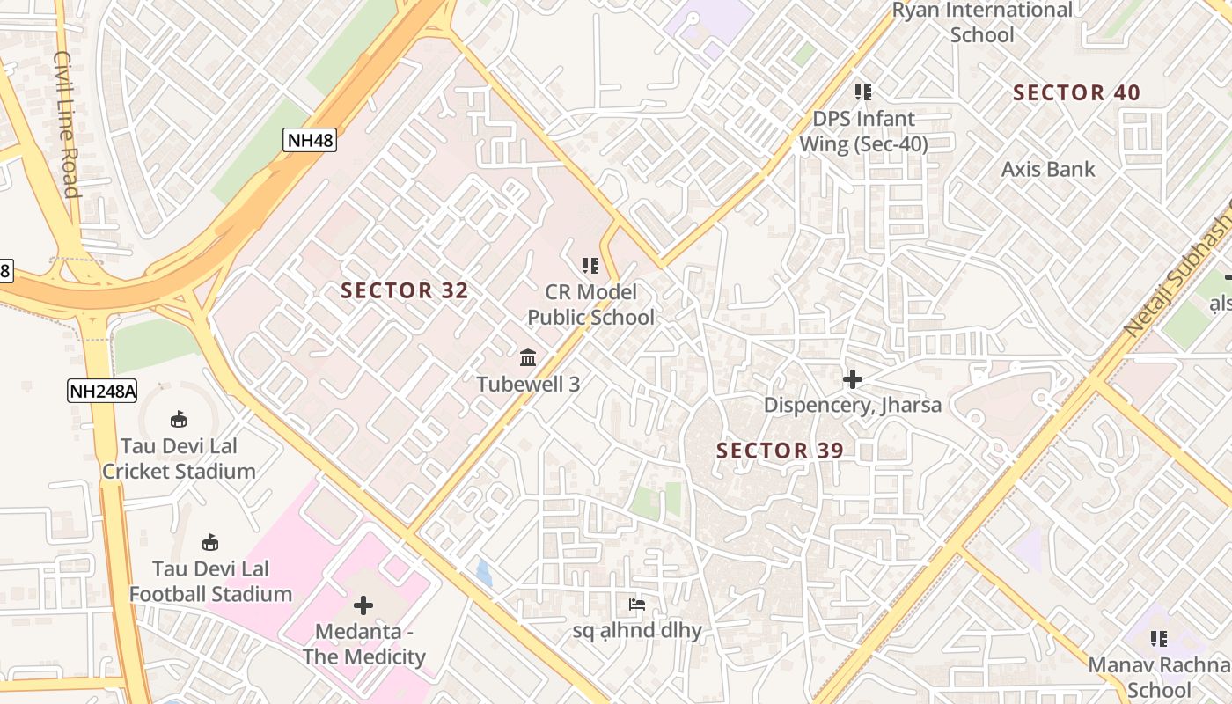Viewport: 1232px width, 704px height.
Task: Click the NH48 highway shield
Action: [x=310, y=140]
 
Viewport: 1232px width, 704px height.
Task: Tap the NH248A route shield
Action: [x=102, y=391]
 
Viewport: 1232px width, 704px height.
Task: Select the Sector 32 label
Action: [x=405, y=290]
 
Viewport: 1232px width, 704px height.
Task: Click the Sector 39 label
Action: [x=780, y=451]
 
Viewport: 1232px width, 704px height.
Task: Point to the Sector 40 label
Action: [x=1076, y=92]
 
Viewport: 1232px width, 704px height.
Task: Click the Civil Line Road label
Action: [x=67, y=123]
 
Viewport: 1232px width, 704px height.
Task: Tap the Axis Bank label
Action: [x=1048, y=169]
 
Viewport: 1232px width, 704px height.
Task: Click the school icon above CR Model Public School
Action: [x=590, y=265]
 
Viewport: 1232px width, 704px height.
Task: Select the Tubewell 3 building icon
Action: [x=528, y=357]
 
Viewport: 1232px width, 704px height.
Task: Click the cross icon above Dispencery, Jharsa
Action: [x=852, y=379]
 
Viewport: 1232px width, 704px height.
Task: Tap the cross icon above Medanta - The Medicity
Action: [x=363, y=605]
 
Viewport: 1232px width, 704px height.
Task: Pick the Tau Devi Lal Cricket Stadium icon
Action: [x=179, y=419]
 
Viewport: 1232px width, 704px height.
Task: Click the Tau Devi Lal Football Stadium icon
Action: [x=210, y=542]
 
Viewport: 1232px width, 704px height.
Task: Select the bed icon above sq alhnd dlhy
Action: [x=637, y=605]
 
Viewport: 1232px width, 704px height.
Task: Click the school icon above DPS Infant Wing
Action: [x=863, y=92]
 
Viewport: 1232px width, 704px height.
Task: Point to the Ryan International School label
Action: [x=982, y=23]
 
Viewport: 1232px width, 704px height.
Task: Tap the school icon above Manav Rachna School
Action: [x=1159, y=639]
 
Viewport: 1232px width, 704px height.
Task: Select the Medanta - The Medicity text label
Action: [x=364, y=644]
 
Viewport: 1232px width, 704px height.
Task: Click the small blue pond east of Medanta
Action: [x=484, y=574]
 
